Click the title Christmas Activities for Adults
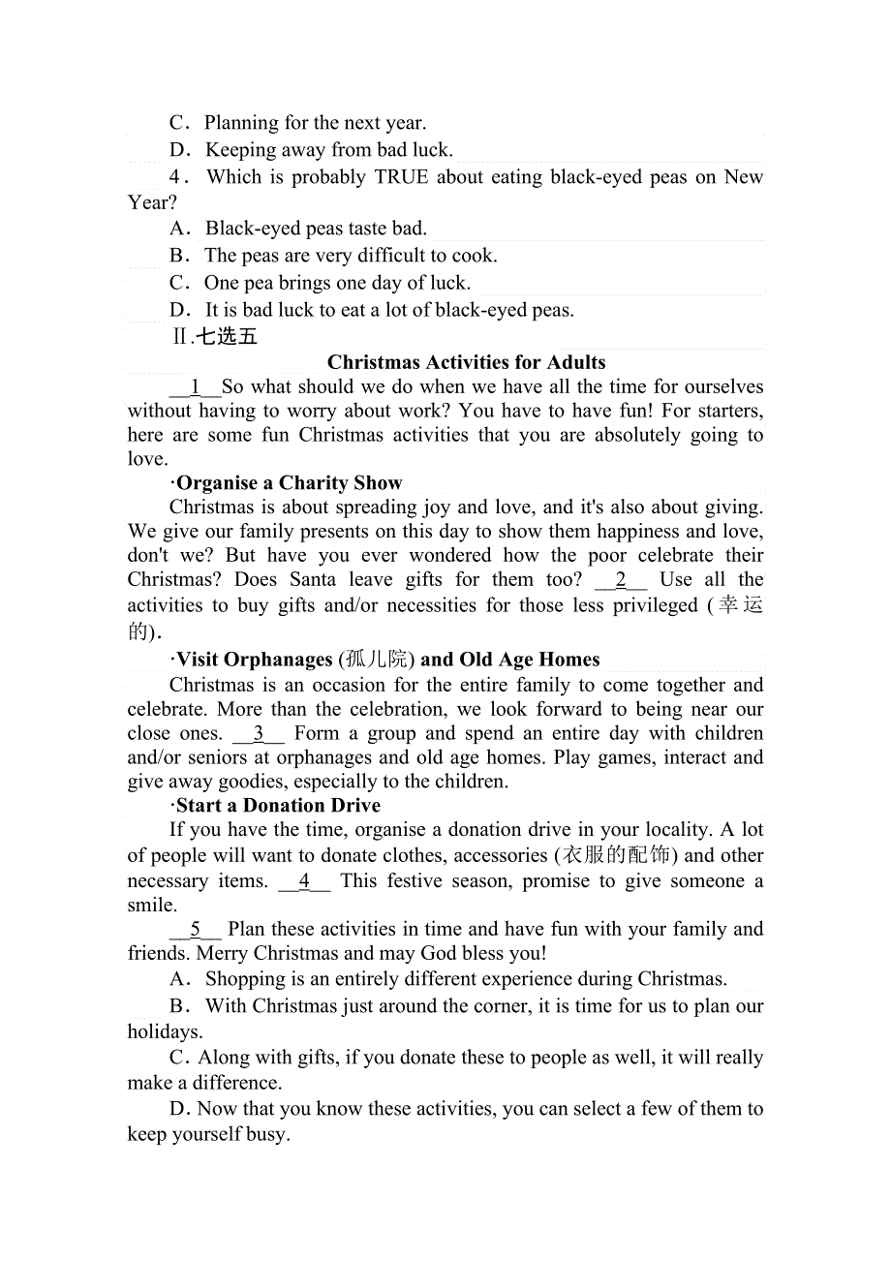click(x=466, y=362)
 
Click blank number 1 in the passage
click(x=195, y=387)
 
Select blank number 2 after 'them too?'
click(x=621, y=580)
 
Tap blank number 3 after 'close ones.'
click(x=259, y=733)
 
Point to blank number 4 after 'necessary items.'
click(x=304, y=880)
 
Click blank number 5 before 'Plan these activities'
click(x=195, y=929)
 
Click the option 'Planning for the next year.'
click(x=315, y=123)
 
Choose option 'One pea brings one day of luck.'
click(x=336, y=283)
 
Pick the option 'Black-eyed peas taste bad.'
click(x=316, y=229)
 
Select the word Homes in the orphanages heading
click(x=569, y=660)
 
